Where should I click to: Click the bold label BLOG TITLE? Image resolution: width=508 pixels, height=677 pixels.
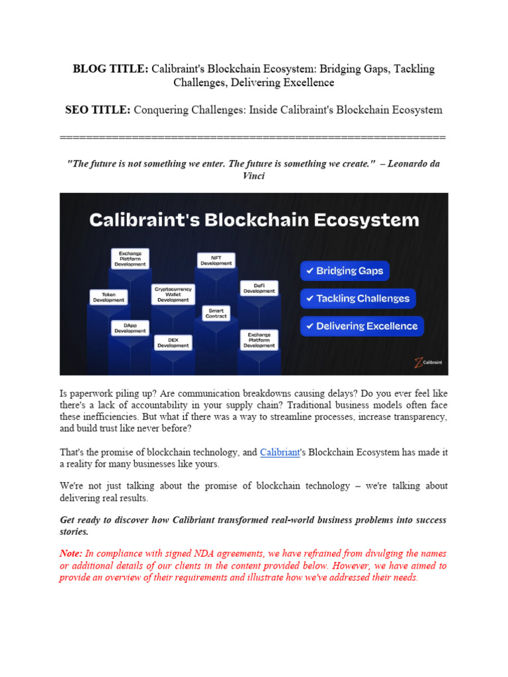[x=110, y=69]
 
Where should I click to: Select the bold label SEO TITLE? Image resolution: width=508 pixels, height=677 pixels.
[x=98, y=110]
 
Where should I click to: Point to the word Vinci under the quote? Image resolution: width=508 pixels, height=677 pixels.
[x=254, y=177]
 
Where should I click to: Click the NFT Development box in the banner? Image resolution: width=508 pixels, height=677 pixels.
[x=216, y=260]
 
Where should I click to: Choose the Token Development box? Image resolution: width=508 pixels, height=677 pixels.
[x=108, y=297]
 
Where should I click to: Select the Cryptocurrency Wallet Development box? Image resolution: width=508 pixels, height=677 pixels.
[x=173, y=294]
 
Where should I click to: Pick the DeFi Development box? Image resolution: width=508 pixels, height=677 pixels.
[x=259, y=288]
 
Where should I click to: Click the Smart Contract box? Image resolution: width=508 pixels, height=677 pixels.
[x=216, y=313]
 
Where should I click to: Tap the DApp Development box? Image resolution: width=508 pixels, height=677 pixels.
[x=130, y=327]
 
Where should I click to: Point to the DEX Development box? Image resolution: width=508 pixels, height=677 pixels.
[x=173, y=342]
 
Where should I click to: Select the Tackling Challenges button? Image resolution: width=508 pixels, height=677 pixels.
[x=358, y=299]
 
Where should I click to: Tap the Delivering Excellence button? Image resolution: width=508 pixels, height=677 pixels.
[x=362, y=327]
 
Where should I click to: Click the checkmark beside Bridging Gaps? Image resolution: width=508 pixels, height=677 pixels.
[x=309, y=271]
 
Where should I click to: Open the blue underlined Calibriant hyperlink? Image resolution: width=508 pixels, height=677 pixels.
[x=280, y=452]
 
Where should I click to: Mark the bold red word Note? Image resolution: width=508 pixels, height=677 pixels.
[x=71, y=553]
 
